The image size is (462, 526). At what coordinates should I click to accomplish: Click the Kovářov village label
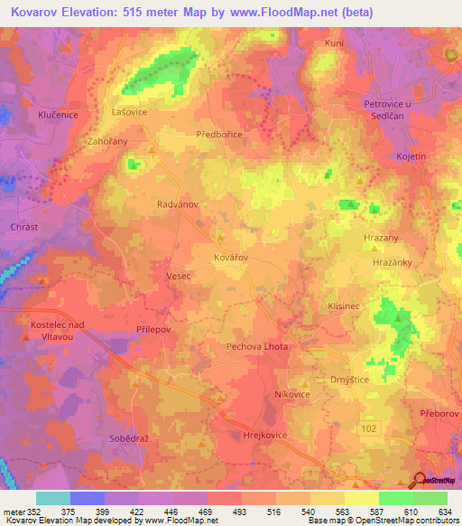230,258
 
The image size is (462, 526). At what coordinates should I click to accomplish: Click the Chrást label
22,226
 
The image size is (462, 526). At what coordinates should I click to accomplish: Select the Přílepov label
152,331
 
